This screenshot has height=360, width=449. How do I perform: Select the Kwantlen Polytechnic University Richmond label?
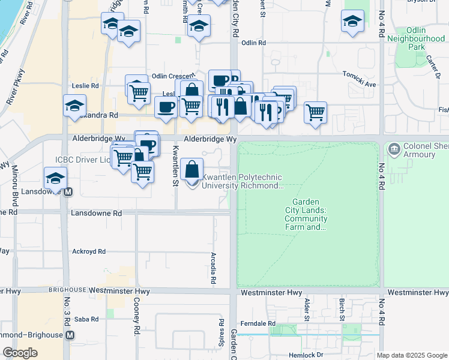[x=243, y=181]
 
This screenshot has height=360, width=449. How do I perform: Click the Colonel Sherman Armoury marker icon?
[x=394, y=148]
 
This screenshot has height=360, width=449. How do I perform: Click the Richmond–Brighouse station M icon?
[x=70, y=335]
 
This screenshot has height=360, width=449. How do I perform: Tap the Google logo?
[x=20, y=353]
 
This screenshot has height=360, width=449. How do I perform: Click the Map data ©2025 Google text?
[x=411, y=355]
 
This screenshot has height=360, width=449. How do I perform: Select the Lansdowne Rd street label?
[x=96, y=213]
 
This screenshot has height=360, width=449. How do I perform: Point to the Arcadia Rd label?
[x=214, y=268]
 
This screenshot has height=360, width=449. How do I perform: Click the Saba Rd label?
[x=87, y=319]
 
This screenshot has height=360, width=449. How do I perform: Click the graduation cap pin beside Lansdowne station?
[x=55, y=179]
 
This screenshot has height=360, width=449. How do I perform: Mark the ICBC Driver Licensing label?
[x=83, y=160]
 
